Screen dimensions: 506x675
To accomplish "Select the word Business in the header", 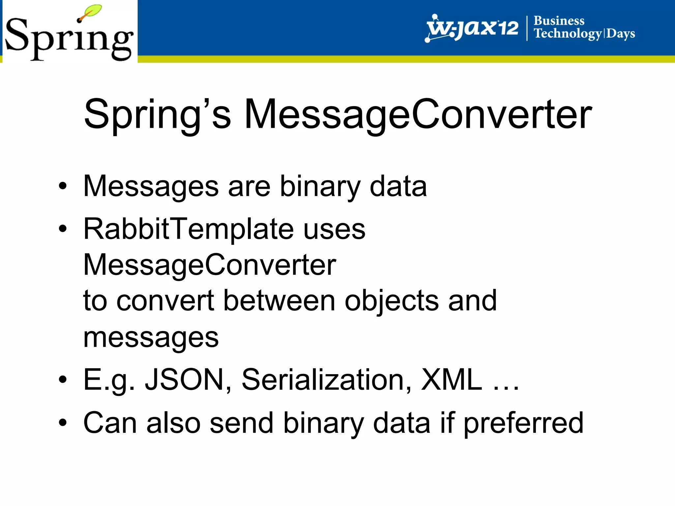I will [x=559, y=21].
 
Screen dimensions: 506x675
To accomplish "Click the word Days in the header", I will [x=621, y=34].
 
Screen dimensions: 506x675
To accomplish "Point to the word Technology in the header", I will [x=568, y=34].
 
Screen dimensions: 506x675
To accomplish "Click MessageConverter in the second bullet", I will [x=210, y=265].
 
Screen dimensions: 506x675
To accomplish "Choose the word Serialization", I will [x=326, y=379].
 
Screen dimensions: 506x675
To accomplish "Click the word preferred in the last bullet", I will [x=523, y=423].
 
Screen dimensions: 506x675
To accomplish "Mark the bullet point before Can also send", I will [x=63, y=423].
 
